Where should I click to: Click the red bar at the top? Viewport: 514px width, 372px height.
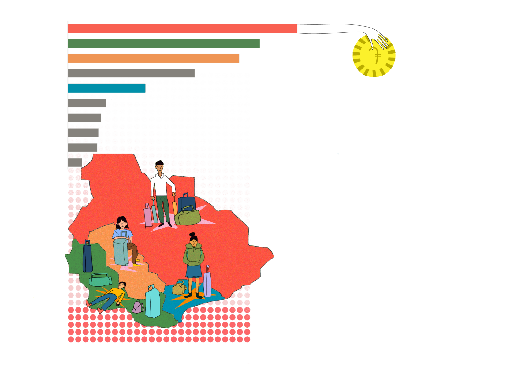[x=182, y=28]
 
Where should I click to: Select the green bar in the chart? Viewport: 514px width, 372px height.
[x=164, y=43]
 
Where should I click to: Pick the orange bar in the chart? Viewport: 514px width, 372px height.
[x=153, y=58]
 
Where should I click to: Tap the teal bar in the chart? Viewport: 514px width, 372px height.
[x=106, y=88]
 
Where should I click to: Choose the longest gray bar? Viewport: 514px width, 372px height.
[x=131, y=73]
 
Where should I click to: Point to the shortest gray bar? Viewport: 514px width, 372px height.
[x=75, y=163]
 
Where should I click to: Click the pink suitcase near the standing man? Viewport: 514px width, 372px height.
[x=148, y=215]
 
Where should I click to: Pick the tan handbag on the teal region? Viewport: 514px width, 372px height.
[x=179, y=288]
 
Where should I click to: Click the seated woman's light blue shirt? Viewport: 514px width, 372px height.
[x=122, y=234]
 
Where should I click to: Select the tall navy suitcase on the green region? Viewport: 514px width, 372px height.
[x=88, y=257]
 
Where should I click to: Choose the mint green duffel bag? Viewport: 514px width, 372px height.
[x=100, y=280]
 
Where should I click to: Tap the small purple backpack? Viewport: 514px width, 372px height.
[x=138, y=307]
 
